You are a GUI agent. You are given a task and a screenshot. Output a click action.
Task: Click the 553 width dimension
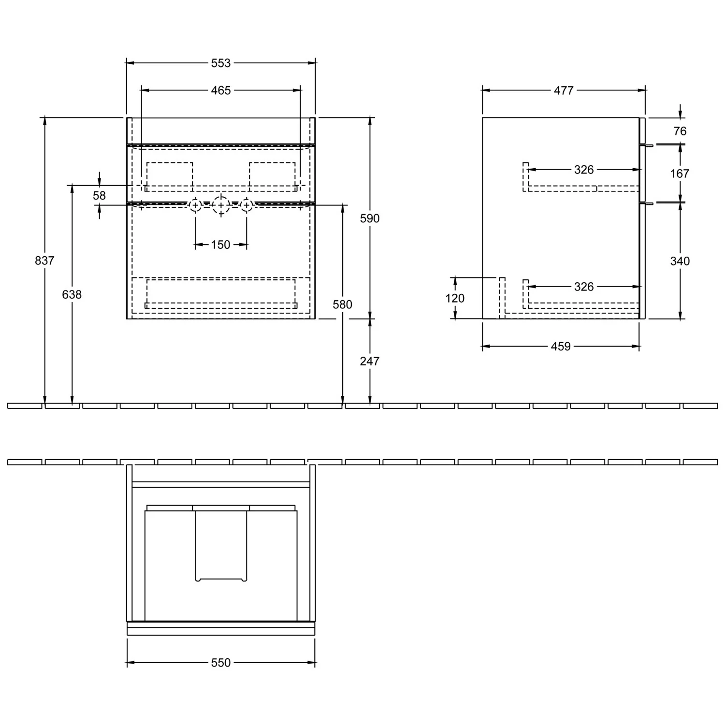pyautogui.click(x=221, y=63)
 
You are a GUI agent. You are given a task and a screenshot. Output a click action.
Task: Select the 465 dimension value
pyautogui.click(x=221, y=90)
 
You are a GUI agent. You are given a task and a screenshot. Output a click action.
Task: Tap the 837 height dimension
pyautogui.click(x=44, y=261)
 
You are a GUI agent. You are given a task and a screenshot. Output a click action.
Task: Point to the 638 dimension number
pyautogui.click(x=72, y=294)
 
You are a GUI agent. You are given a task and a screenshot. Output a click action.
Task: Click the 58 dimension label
pyautogui.click(x=99, y=195)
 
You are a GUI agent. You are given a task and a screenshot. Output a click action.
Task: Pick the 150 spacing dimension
pyautogui.click(x=221, y=245)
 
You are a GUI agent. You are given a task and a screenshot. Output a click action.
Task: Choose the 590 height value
pyautogui.click(x=370, y=218)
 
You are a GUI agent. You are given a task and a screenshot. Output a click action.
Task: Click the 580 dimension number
pyautogui.click(x=343, y=304)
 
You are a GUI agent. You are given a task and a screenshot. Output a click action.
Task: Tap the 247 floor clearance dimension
pyautogui.click(x=370, y=361)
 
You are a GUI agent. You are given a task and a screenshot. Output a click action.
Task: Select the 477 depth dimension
pyautogui.click(x=564, y=90)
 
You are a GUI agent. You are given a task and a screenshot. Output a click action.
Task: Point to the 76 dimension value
pyautogui.click(x=680, y=131)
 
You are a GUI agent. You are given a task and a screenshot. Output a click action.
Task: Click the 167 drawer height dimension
pyautogui.click(x=680, y=174)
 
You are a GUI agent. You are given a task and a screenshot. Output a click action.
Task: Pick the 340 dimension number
pyautogui.click(x=680, y=261)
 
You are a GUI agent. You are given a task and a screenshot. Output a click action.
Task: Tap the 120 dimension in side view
pyautogui.click(x=455, y=298)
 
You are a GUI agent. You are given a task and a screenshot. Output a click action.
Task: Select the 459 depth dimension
pyautogui.click(x=561, y=347)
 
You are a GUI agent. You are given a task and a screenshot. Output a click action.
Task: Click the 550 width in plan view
pyautogui.click(x=221, y=663)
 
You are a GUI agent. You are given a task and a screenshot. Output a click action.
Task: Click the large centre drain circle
pyautogui.click(x=221, y=206)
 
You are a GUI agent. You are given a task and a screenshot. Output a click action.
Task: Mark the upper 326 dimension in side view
pyautogui.click(x=584, y=170)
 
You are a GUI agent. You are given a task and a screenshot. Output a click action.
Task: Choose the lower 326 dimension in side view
pyautogui.click(x=584, y=287)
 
